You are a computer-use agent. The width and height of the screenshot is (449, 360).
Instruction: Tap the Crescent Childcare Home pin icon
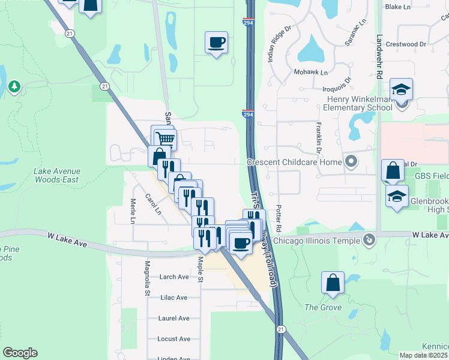pos(351,161)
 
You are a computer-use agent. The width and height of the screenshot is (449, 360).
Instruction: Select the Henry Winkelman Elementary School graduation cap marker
pos(401,91)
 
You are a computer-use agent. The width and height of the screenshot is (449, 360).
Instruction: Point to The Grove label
pos(323,308)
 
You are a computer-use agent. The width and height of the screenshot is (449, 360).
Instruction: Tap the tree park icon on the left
pos(14,88)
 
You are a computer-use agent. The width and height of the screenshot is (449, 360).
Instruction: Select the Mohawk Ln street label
pos(310,73)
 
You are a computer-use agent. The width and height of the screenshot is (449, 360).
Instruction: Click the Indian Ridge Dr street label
pos(279,44)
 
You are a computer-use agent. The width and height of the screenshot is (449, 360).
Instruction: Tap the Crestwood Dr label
pos(405,44)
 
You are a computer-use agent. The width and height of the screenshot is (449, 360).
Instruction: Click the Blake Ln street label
pos(397,7)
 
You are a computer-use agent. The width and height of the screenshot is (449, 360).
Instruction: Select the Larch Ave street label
pos(174,277)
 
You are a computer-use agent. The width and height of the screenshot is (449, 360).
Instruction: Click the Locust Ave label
pos(173,339)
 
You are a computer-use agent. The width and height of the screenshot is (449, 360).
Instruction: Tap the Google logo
pos(20,353)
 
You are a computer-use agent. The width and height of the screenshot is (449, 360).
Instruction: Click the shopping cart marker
pos(166,140)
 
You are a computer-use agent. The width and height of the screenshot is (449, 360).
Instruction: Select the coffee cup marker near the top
pos(216,43)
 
